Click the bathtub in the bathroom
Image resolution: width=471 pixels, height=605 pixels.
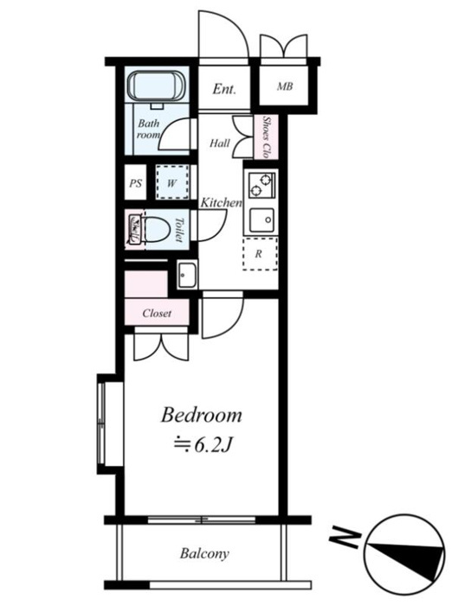(157, 86)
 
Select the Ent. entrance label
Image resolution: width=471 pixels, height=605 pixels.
(224, 89)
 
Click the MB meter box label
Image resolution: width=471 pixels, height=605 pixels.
(285, 86)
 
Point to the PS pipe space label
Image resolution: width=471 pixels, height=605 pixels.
(136, 183)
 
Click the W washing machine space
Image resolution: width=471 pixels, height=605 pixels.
(172, 182)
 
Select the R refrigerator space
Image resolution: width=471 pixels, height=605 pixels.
(260, 253)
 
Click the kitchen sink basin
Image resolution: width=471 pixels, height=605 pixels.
(262, 220)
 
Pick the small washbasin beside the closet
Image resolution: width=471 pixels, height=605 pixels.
(187, 274)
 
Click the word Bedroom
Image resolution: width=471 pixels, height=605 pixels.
(202, 415)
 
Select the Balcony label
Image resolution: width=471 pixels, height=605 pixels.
(204, 554)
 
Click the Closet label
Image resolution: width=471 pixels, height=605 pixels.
(157, 313)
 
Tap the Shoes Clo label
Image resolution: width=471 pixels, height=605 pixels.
(266, 137)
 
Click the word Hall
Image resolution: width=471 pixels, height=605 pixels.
(219, 143)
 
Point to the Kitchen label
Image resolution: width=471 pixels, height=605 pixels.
(221, 202)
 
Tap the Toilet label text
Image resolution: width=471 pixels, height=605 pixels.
(179, 230)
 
